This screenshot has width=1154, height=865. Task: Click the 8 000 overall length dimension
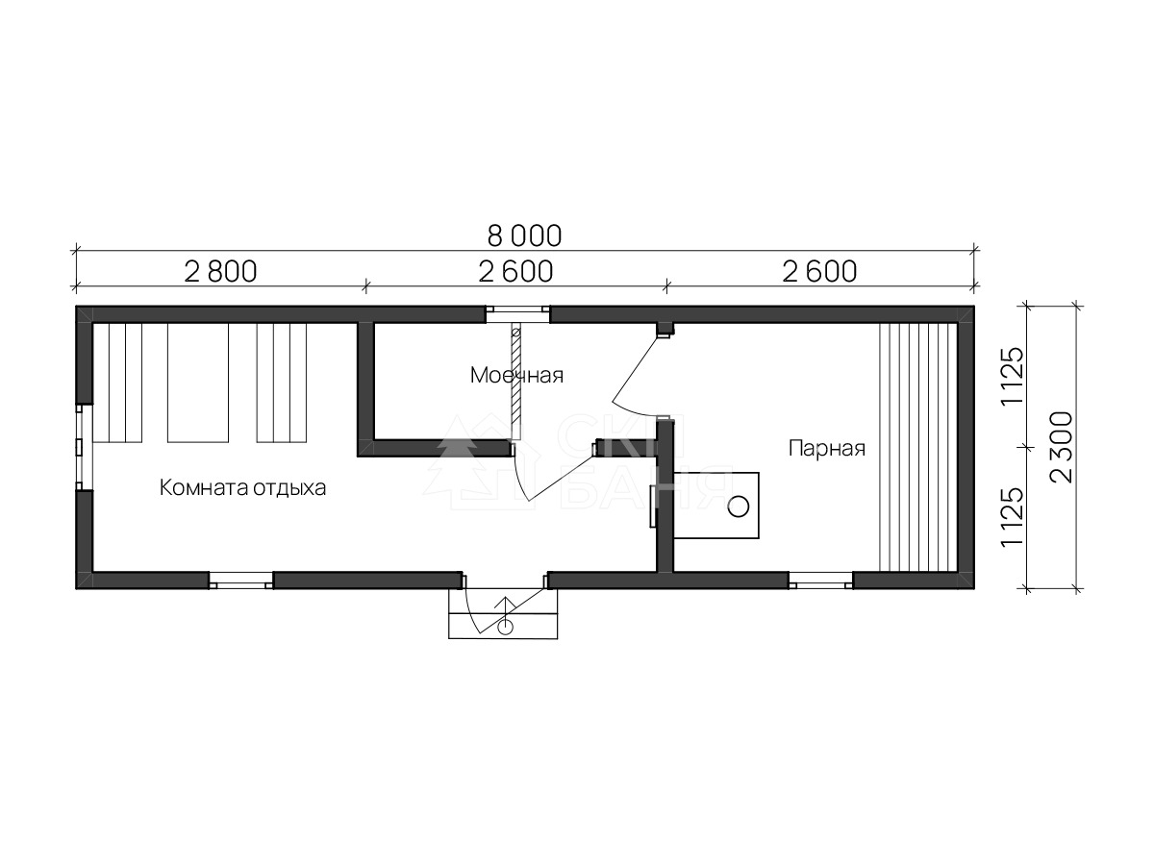524,236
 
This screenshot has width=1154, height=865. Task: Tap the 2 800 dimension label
220,272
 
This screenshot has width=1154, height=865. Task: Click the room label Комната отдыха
242,488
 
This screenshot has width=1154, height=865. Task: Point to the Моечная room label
516,376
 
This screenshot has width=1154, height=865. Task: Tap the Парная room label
826,449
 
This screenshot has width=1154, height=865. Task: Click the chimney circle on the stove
739,507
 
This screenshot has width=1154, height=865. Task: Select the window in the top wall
517,314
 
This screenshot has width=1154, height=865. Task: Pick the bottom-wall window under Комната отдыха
240,581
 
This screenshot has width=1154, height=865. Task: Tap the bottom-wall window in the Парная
820,581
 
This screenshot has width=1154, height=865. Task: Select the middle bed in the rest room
198,383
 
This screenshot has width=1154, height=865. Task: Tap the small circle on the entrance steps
505,627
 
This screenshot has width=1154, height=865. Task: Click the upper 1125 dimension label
1012,375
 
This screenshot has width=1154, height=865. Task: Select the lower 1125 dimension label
1012,518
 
